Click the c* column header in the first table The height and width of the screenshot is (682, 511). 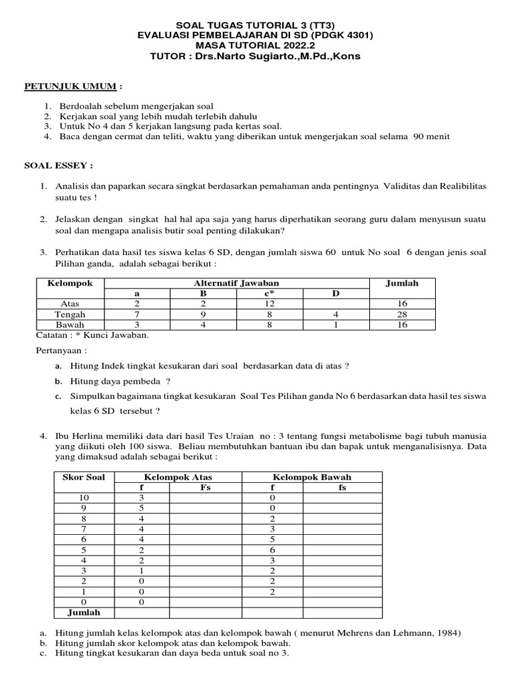[x=268, y=294]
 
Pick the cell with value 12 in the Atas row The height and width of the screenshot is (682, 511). [x=268, y=304]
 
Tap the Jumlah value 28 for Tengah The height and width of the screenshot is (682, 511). [x=402, y=314]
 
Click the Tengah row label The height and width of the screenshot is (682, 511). [x=70, y=314]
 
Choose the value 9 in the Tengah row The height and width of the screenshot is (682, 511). [x=204, y=314]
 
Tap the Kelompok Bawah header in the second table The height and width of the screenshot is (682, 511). [x=312, y=478]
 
